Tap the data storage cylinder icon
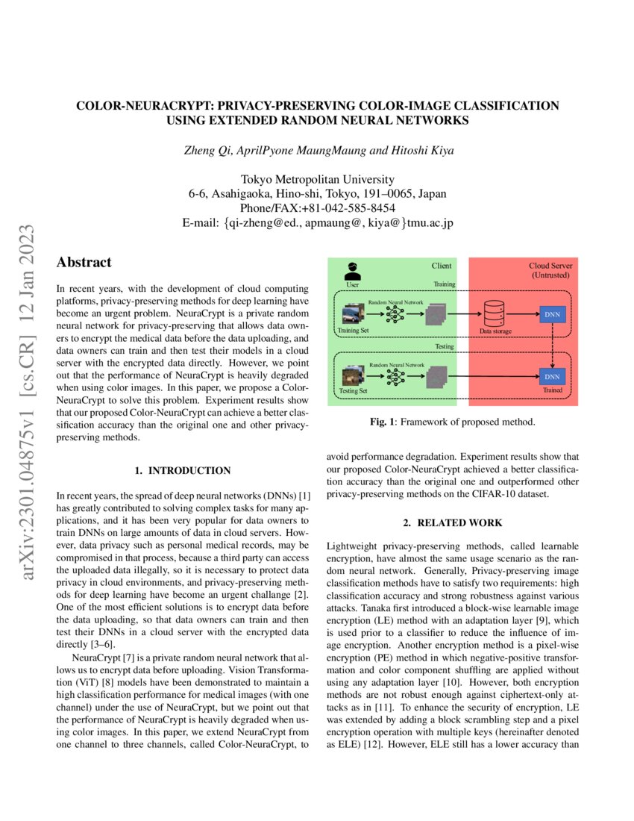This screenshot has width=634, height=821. [495, 313]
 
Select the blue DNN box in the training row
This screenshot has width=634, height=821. [552, 314]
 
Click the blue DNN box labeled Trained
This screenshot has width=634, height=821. [552, 376]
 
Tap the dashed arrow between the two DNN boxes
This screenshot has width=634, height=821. [552, 345]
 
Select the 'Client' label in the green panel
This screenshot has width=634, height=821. [442, 266]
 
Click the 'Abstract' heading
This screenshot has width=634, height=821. [84, 263]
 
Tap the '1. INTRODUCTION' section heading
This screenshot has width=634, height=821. [182, 471]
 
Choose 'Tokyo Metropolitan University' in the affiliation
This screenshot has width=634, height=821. [317, 179]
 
